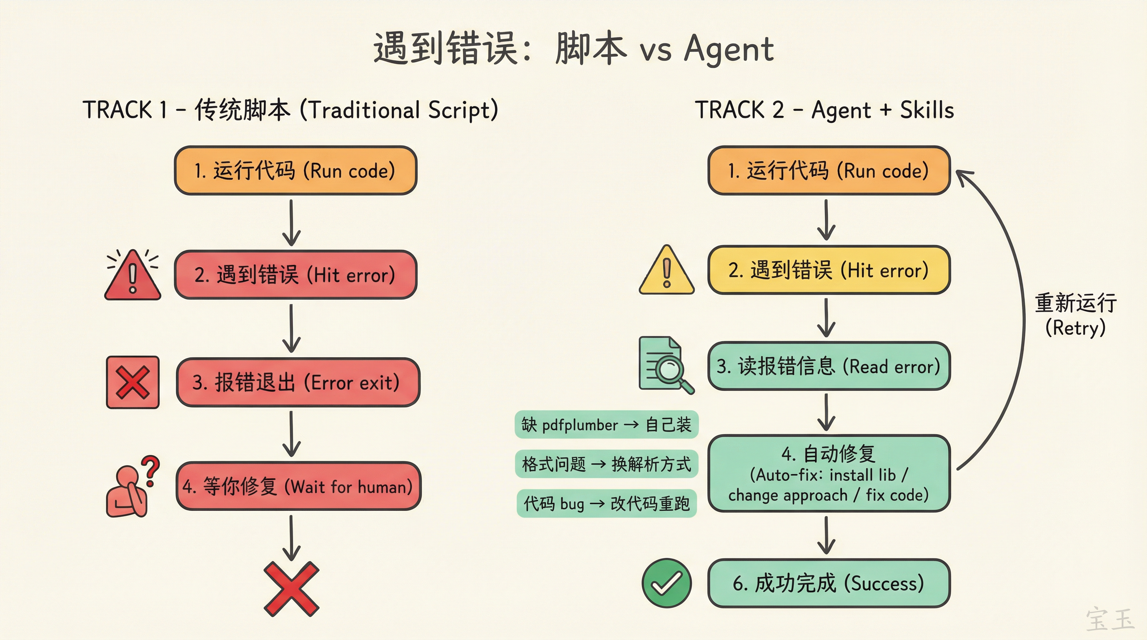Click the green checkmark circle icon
666,583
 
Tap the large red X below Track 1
291,589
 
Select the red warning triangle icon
133,276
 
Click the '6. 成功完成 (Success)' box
829,583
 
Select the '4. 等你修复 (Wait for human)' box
298,486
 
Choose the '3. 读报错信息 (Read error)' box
829,366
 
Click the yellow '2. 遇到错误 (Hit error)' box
829,270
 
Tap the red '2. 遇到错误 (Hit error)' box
296,275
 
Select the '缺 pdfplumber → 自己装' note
606,425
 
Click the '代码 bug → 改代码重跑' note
606,503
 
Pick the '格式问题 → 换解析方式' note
606,464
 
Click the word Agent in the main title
729,49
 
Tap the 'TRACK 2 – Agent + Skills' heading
824,110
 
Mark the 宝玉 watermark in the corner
1109,619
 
